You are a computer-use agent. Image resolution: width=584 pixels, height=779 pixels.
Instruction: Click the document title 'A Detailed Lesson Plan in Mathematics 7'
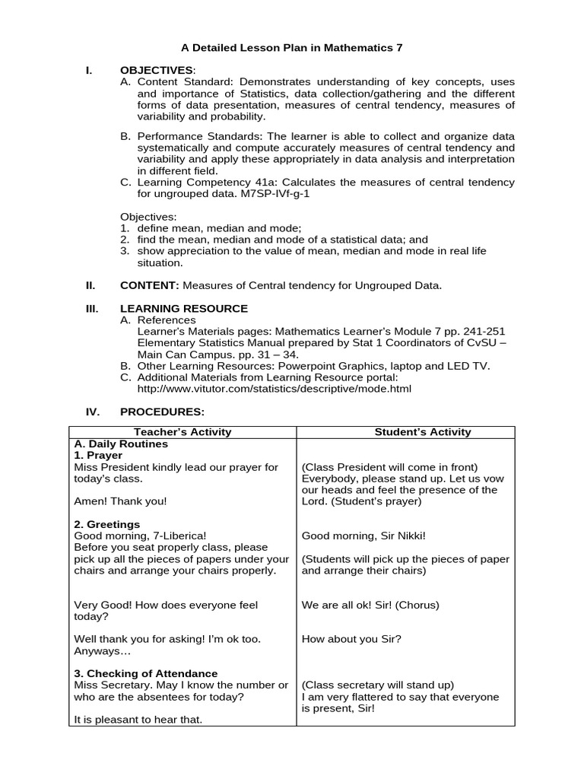point(292,47)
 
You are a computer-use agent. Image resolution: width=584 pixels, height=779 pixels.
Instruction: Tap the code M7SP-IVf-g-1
point(276,194)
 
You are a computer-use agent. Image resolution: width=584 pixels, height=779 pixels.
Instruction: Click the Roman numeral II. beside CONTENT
point(90,285)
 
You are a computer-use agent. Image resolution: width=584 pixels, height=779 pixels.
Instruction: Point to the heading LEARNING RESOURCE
point(184,308)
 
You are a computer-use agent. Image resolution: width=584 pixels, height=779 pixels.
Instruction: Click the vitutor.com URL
point(274,388)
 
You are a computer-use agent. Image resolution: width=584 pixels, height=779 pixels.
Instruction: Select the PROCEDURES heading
point(162,412)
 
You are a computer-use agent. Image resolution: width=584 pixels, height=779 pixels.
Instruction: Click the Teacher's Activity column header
point(182,432)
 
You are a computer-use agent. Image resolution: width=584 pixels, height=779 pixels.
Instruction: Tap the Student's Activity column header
point(423,432)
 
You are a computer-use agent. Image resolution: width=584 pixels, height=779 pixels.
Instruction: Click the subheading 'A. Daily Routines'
point(121,444)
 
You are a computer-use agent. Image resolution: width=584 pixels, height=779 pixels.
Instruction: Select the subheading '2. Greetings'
point(107,524)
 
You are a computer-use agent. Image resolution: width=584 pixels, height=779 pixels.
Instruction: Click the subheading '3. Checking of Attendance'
point(146,673)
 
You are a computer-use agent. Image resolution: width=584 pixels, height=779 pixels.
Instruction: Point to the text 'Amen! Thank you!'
point(120,501)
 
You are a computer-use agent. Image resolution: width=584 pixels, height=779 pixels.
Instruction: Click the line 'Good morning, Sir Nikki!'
point(363,536)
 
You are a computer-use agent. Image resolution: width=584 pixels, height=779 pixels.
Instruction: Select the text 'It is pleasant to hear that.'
point(138,720)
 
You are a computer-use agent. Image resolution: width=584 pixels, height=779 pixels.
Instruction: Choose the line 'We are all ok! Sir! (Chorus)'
point(370,605)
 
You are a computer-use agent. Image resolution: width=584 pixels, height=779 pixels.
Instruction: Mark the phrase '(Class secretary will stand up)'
point(378,685)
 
